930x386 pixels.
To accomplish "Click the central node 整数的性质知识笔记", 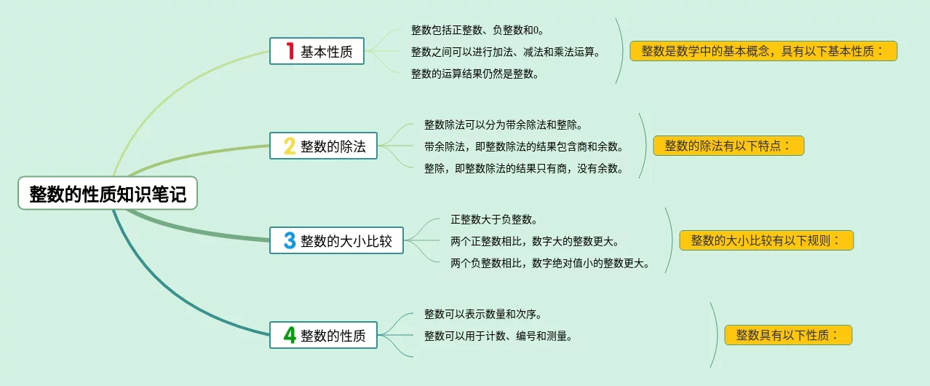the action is pos(108,194).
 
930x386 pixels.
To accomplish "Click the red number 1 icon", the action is pos(290,51).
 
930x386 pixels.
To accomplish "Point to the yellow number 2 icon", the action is pos(290,146).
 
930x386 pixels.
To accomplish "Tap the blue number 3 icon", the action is pos(290,241).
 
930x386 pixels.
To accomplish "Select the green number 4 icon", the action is pos(290,336).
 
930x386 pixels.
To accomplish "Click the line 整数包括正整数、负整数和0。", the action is pos(477,30).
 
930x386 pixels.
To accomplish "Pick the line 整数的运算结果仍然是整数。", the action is pos(475,73).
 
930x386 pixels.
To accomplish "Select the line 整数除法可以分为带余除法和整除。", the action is pos(503,125).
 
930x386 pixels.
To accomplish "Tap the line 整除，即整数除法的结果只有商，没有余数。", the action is pos(523,168).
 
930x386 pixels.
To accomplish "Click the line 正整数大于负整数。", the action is pos(494,219).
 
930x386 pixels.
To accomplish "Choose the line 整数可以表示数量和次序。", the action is pos(482,314).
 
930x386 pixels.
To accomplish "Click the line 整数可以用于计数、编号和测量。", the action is pos(498,336).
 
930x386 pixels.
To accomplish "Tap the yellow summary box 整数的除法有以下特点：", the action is pos(728,146).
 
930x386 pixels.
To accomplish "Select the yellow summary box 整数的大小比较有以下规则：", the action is pos(766,240).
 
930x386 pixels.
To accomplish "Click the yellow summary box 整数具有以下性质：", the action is pos(788,335).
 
